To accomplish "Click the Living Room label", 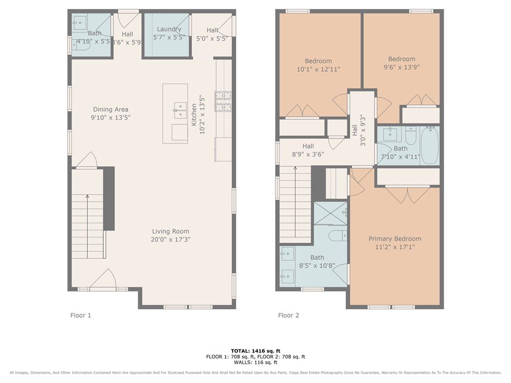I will coord(171,231).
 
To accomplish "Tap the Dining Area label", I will coord(110,110).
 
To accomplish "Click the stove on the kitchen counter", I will coord(223,101).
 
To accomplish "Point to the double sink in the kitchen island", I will coord(180,111).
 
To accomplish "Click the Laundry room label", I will coord(169,29).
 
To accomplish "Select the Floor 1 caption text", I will coord(80,315).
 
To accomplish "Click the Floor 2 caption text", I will coord(288,315).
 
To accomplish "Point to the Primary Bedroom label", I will coord(395,239).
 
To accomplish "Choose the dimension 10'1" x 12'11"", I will coord(318,69).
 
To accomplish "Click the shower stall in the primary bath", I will coord(330,213).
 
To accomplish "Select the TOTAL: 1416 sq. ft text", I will coord(255,351).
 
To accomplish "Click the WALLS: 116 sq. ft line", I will coord(255,363).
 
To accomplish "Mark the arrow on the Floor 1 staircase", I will coord(87,196).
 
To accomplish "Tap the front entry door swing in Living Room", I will coord(104,279).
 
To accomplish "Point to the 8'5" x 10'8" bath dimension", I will coord(317,266).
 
